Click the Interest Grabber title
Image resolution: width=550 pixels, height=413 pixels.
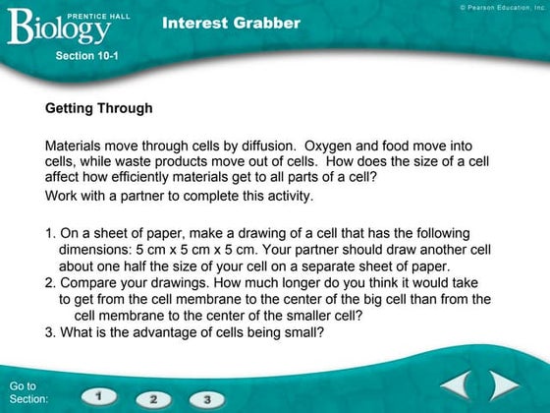click(232, 23)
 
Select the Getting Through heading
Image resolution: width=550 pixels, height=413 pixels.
click(98, 106)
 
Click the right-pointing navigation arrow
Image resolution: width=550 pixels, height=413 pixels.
click(505, 384)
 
